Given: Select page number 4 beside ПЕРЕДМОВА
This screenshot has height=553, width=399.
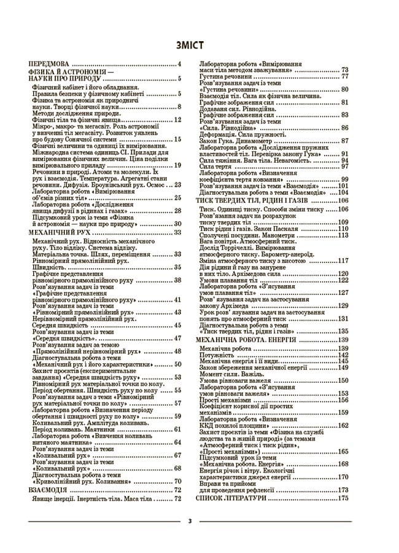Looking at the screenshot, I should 179,65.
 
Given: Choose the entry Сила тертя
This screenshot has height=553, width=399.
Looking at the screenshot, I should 214,166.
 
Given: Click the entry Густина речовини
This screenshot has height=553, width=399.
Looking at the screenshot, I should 225,76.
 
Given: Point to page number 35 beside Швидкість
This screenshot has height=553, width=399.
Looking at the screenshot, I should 177,267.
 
